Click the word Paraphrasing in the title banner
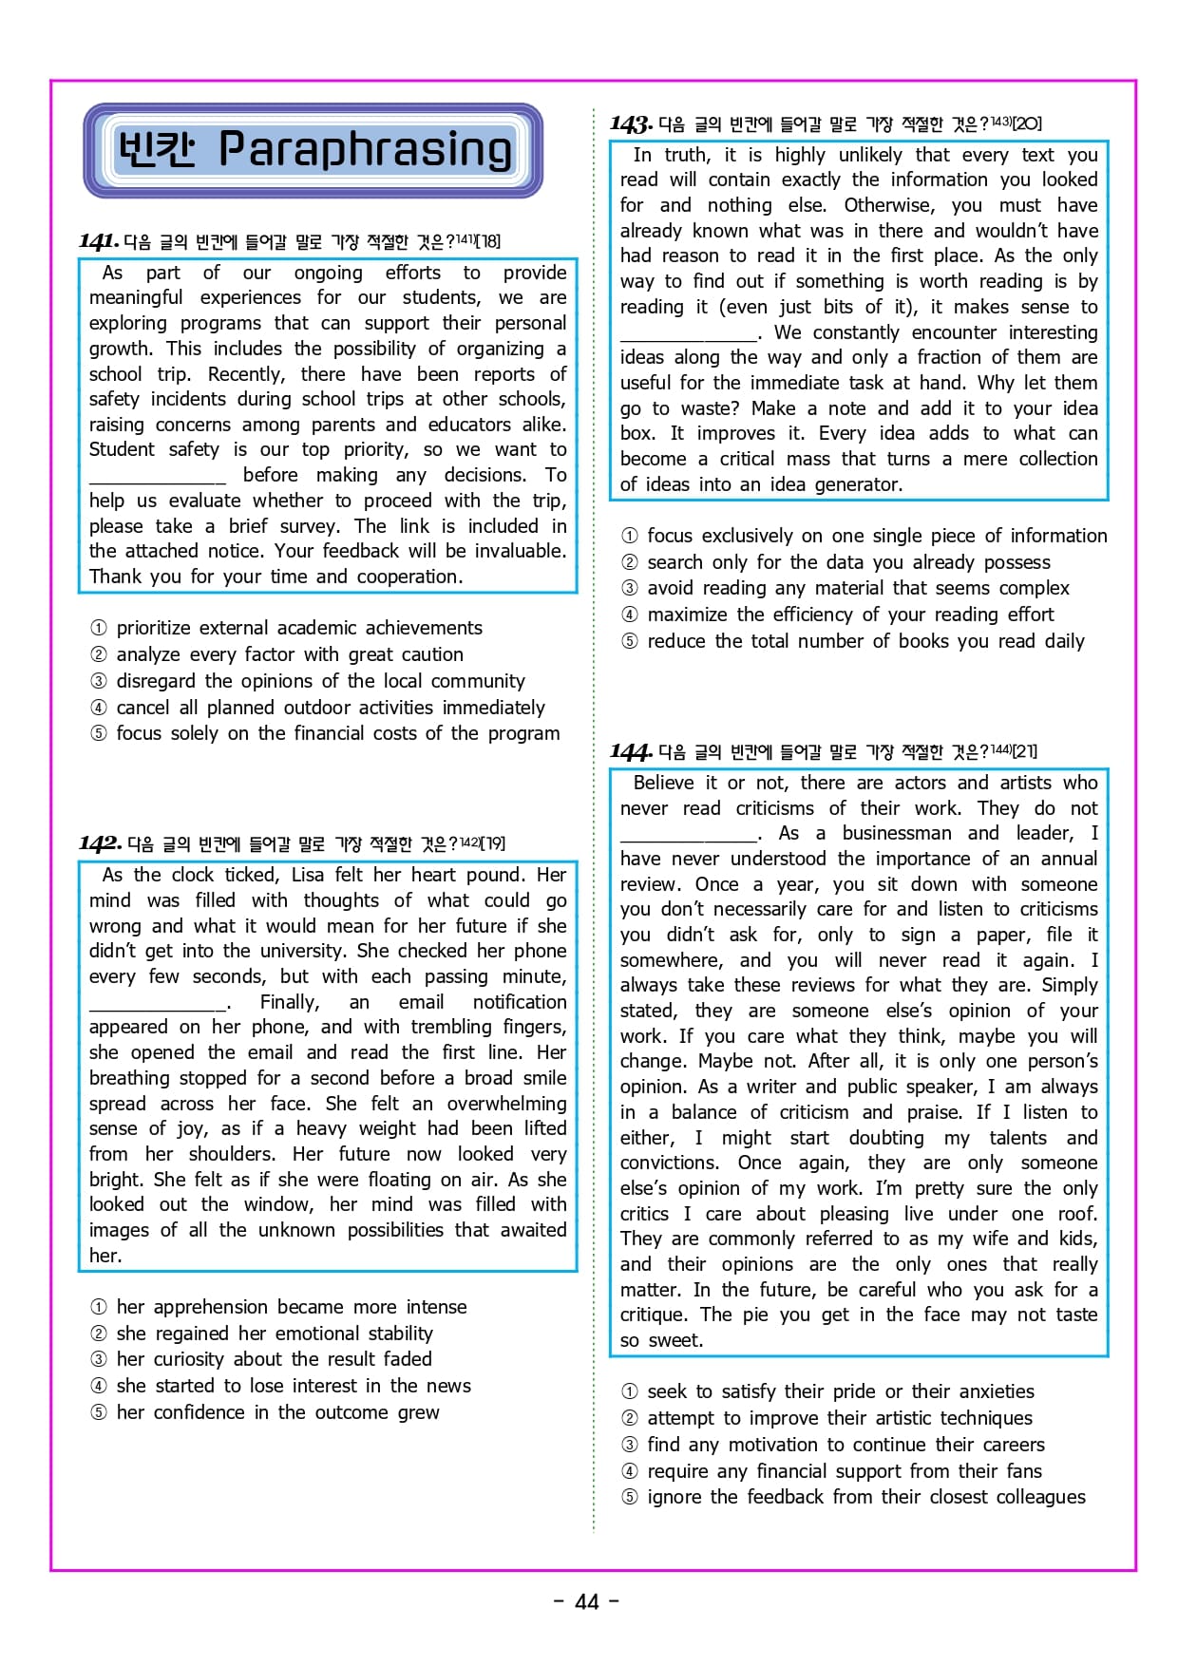tap(365, 150)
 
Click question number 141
tap(99, 241)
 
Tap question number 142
tap(100, 843)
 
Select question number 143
tap(631, 124)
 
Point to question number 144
tap(631, 752)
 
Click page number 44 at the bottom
tap(587, 1601)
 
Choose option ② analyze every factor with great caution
tap(289, 654)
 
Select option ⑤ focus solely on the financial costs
tap(337, 733)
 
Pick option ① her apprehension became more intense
tap(291, 1307)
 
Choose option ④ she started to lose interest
tap(293, 1386)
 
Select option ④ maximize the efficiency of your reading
tap(849, 615)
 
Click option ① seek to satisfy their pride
tap(840, 1391)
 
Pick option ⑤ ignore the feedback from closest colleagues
tap(865, 1497)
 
